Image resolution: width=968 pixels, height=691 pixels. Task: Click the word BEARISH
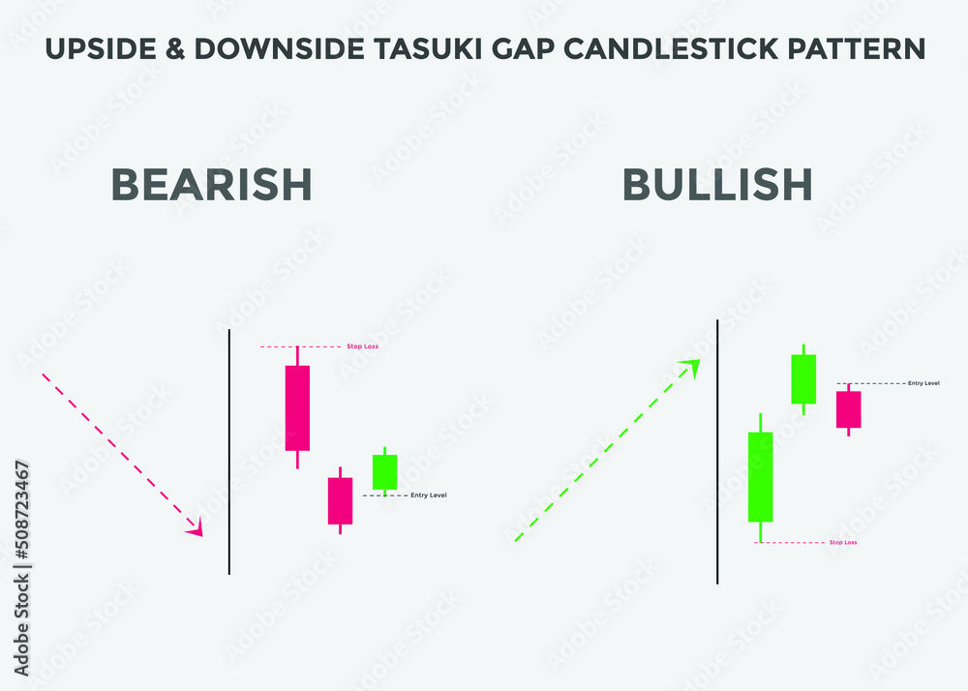(x=212, y=184)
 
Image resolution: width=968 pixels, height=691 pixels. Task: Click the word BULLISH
(x=717, y=184)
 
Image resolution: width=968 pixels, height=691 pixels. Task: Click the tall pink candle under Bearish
(x=297, y=407)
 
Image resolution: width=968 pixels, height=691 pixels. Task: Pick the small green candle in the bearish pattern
(x=385, y=471)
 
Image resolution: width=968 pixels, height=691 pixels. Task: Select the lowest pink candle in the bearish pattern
(x=340, y=500)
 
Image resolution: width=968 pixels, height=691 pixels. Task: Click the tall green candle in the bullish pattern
(x=761, y=477)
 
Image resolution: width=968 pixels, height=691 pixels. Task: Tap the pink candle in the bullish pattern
(x=849, y=409)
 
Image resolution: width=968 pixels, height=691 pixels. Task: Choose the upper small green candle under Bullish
(x=803, y=378)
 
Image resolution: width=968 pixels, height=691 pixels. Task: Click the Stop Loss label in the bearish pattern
(x=362, y=345)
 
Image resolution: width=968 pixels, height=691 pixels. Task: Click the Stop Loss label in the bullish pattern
(x=842, y=543)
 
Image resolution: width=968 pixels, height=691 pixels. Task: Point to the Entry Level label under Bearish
(x=429, y=496)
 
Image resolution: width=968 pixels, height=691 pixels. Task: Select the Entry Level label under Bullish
(x=923, y=383)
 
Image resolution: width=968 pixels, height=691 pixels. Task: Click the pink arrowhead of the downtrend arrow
(x=197, y=528)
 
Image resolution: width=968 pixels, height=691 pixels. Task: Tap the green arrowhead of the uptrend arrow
(x=691, y=365)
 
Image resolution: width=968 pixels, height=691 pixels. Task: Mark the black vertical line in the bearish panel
(x=229, y=451)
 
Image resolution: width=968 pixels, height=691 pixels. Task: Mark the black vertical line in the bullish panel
(x=717, y=451)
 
